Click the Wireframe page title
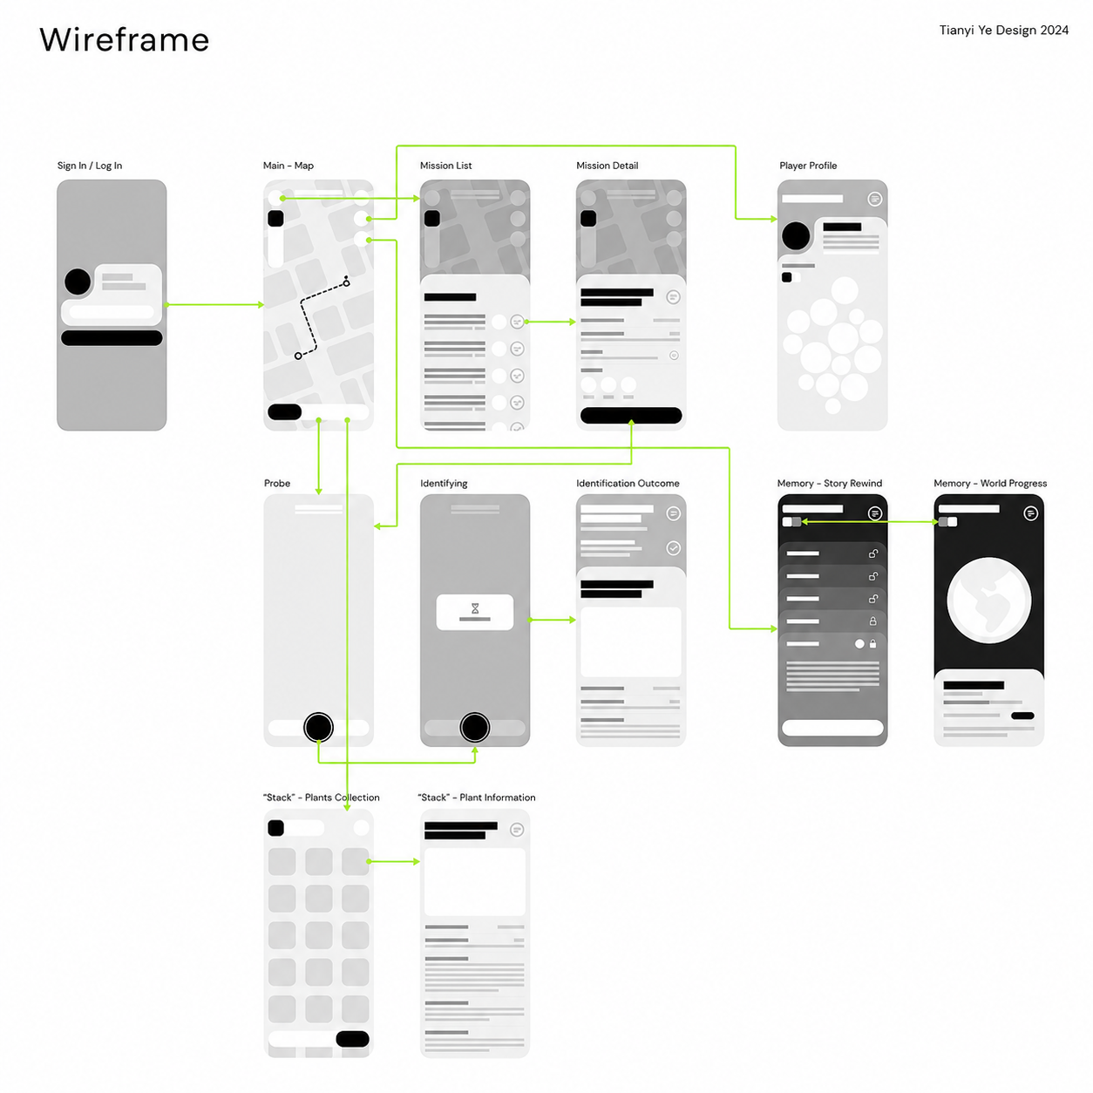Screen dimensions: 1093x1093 point(125,40)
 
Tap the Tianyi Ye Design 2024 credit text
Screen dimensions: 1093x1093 point(1003,30)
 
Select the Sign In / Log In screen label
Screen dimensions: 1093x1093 point(90,165)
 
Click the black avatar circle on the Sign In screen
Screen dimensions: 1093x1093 point(78,282)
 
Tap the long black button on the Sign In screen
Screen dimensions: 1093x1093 point(112,337)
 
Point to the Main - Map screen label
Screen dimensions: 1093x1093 point(289,165)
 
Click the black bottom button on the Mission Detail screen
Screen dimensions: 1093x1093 point(630,415)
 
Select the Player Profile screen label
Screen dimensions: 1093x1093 point(807,165)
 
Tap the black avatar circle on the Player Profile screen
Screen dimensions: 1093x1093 point(795,235)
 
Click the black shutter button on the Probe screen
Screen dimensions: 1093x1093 point(318,727)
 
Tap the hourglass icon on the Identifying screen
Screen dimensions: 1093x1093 point(475,608)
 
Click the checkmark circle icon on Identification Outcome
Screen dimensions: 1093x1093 point(673,547)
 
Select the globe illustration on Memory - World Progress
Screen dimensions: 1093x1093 point(988,600)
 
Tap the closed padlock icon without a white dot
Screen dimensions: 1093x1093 point(872,621)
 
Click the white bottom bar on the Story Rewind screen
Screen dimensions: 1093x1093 point(832,727)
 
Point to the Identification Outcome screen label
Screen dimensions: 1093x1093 point(628,483)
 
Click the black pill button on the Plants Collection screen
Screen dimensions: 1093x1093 point(352,1038)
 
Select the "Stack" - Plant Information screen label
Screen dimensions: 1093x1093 point(476,797)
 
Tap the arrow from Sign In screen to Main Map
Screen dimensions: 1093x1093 point(214,304)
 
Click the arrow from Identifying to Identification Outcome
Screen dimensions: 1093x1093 point(552,620)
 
